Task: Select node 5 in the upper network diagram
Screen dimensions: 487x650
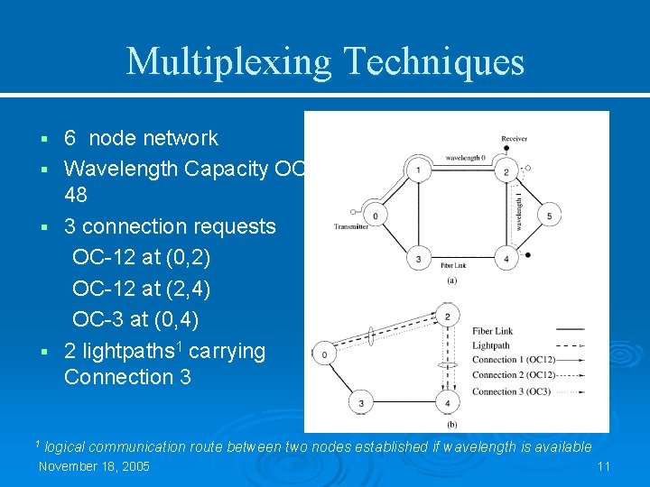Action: point(550,216)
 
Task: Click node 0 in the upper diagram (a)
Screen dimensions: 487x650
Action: point(376,216)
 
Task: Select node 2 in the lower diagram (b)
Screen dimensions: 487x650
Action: point(448,317)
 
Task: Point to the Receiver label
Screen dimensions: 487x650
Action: point(514,139)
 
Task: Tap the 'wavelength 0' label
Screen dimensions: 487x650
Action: point(464,159)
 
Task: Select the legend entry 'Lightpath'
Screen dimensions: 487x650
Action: point(493,345)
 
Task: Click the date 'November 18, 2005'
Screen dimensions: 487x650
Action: point(94,466)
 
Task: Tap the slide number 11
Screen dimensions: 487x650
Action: point(604,466)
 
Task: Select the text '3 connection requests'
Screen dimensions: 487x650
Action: point(170,225)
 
